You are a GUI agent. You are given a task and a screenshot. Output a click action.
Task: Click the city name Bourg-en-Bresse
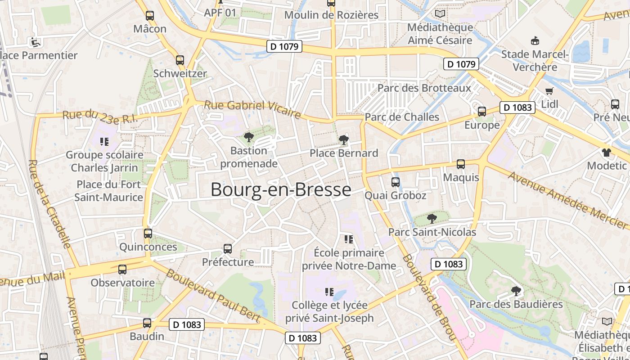point(281,190)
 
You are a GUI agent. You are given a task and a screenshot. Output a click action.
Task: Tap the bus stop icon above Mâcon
point(150,15)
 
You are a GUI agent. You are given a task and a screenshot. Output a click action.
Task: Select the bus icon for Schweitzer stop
point(180,60)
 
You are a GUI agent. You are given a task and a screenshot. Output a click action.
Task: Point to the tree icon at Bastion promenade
point(248,137)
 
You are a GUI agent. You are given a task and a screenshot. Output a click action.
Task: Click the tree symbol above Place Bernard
point(344,139)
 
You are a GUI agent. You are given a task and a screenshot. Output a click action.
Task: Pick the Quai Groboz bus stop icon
point(396,182)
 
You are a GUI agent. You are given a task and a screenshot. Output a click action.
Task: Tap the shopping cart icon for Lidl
point(549,91)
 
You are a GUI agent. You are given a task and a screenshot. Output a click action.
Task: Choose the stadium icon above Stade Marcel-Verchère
point(535,41)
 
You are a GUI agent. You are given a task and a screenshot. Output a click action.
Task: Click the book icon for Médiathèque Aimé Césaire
point(440,14)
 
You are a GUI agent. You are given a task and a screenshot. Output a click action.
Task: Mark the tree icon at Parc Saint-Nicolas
point(432,219)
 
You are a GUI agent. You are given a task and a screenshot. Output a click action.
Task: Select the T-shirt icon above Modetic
point(607,152)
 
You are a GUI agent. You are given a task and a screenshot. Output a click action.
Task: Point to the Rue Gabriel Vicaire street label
point(252,109)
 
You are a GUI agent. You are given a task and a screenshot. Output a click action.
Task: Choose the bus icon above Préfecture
point(228,248)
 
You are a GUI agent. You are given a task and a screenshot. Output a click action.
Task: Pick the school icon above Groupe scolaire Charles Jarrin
point(104,142)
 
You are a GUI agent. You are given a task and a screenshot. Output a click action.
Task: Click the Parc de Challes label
point(402,117)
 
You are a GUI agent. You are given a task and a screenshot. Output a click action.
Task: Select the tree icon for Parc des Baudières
point(517,291)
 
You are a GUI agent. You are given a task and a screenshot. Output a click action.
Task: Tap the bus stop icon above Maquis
point(461,164)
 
